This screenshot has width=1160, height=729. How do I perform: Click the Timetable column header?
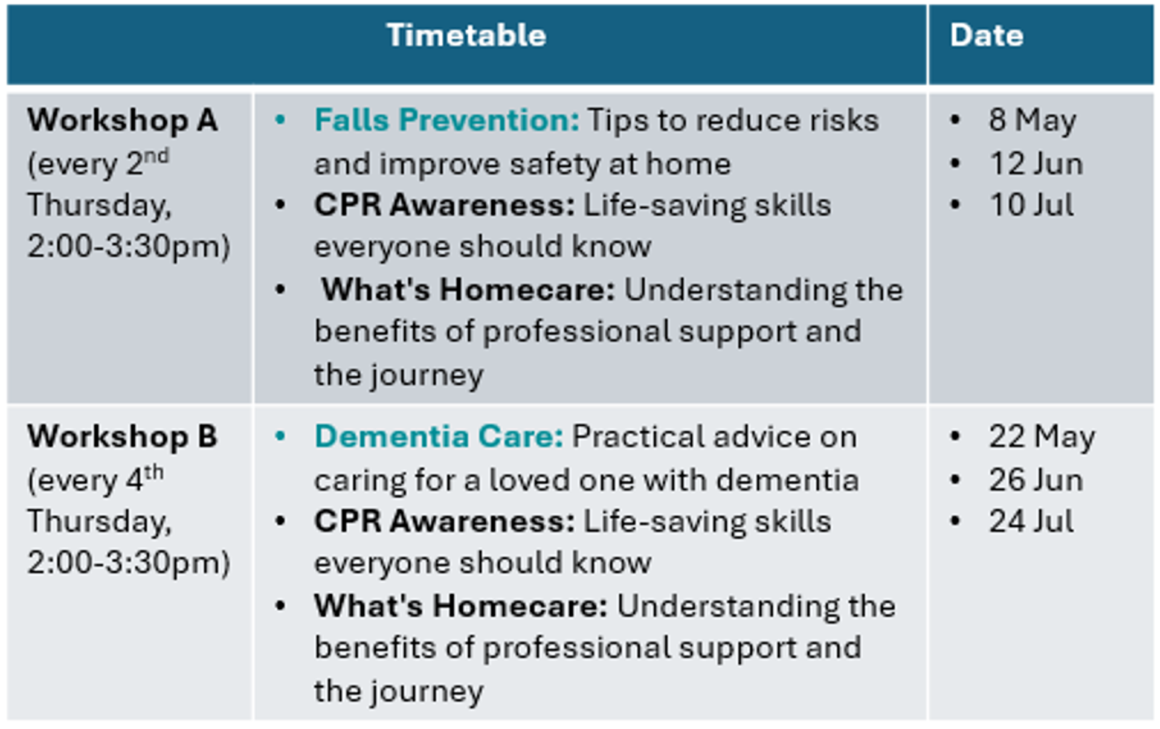pos(466,35)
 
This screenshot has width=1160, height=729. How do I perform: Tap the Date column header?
pos(987,35)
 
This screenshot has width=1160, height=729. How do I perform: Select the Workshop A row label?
pos(122,120)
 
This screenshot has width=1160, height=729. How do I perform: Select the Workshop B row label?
pos(122,437)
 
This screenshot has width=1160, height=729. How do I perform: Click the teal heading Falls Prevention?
pos(446,120)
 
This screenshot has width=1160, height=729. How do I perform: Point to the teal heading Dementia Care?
pos(439,437)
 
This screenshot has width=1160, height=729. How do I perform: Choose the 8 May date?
pos(1032,121)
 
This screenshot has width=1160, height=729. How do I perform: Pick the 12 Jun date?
pos(1036,164)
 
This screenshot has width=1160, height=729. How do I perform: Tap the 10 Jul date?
pos(1031,205)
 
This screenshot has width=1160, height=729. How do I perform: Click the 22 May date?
pos(1042,437)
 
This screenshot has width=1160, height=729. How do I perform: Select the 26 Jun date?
pos(1036,480)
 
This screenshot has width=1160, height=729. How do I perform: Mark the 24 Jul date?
pos(1031,521)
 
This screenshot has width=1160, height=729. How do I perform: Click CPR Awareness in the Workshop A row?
pos(445,205)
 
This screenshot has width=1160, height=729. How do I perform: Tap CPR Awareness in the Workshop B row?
pos(445,521)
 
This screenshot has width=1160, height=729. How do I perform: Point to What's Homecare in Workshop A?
pos(468,289)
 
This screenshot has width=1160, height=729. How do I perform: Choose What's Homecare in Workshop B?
pos(461,606)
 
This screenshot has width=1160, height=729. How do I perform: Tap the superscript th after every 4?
pos(153,472)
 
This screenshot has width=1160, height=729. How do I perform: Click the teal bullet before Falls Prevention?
pos(280,120)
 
